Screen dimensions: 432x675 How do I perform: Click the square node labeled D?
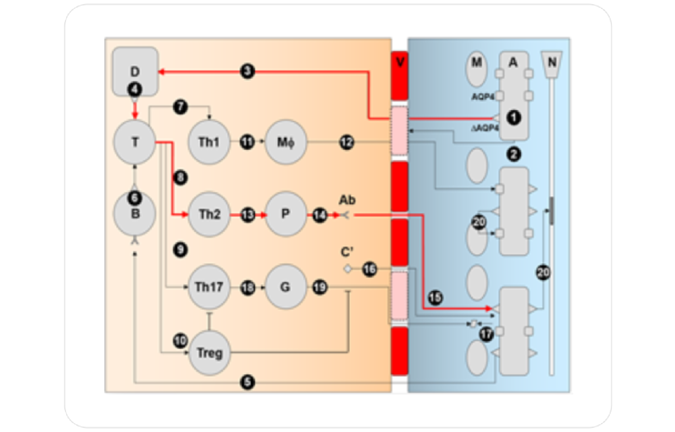click(x=135, y=71)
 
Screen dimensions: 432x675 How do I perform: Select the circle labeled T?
click(x=135, y=142)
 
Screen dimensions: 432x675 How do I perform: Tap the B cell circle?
click(x=135, y=214)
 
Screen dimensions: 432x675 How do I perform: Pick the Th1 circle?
click(x=209, y=142)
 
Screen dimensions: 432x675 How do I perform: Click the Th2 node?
click(x=209, y=214)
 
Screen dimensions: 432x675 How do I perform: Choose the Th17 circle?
click(x=209, y=287)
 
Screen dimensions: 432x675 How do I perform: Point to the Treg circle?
click(x=209, y=353)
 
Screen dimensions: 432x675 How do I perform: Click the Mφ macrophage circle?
click(x=285, y=142)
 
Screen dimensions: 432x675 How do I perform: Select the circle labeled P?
click(x=285, y=214)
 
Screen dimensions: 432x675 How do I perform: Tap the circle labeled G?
click(x=285, y=287)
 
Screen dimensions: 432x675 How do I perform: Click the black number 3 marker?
click(x=247, y=71)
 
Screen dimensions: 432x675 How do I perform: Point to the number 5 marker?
click(x=247, y=382)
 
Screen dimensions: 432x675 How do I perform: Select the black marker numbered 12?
click(x=347, y=142)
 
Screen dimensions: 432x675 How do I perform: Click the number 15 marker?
click(x=435, y=298)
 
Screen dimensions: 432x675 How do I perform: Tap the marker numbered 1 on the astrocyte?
click(x=514, y=118)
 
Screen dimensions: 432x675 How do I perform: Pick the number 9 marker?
click(x=180, y=250)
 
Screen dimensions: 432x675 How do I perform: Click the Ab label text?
click(x=347, y=200)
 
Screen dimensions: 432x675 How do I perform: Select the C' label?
click(x=347, y=252)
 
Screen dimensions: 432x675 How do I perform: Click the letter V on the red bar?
click(x=399, y=62)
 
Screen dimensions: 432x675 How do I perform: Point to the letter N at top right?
click(x=552, y=62)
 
